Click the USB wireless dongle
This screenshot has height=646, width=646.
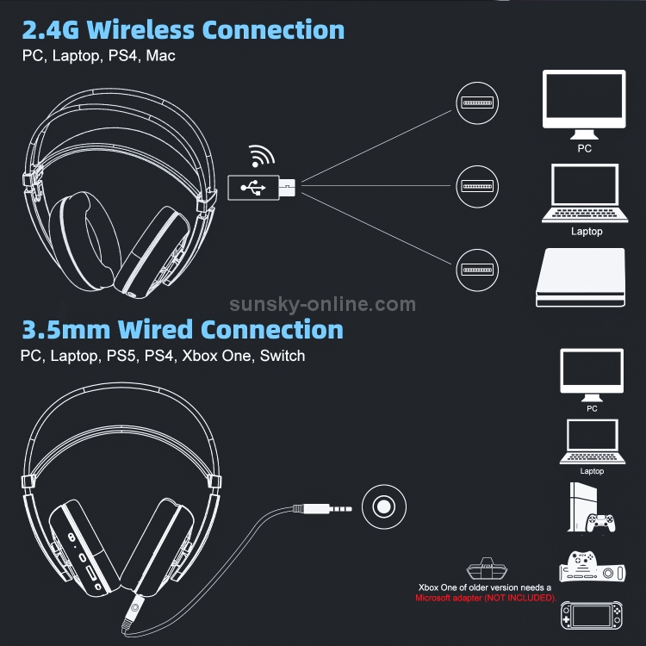coord(262,186)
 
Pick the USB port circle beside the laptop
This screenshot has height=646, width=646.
coord(476,185)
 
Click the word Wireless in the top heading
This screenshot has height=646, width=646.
coord(143,30)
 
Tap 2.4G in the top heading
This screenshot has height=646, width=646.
coord(52,30)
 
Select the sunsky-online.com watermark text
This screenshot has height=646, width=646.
coord(323,303)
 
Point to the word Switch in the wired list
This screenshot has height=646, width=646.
coord(282,355)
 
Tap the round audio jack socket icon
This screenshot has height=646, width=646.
coord(382,505)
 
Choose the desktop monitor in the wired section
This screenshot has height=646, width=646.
coord(591,374)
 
